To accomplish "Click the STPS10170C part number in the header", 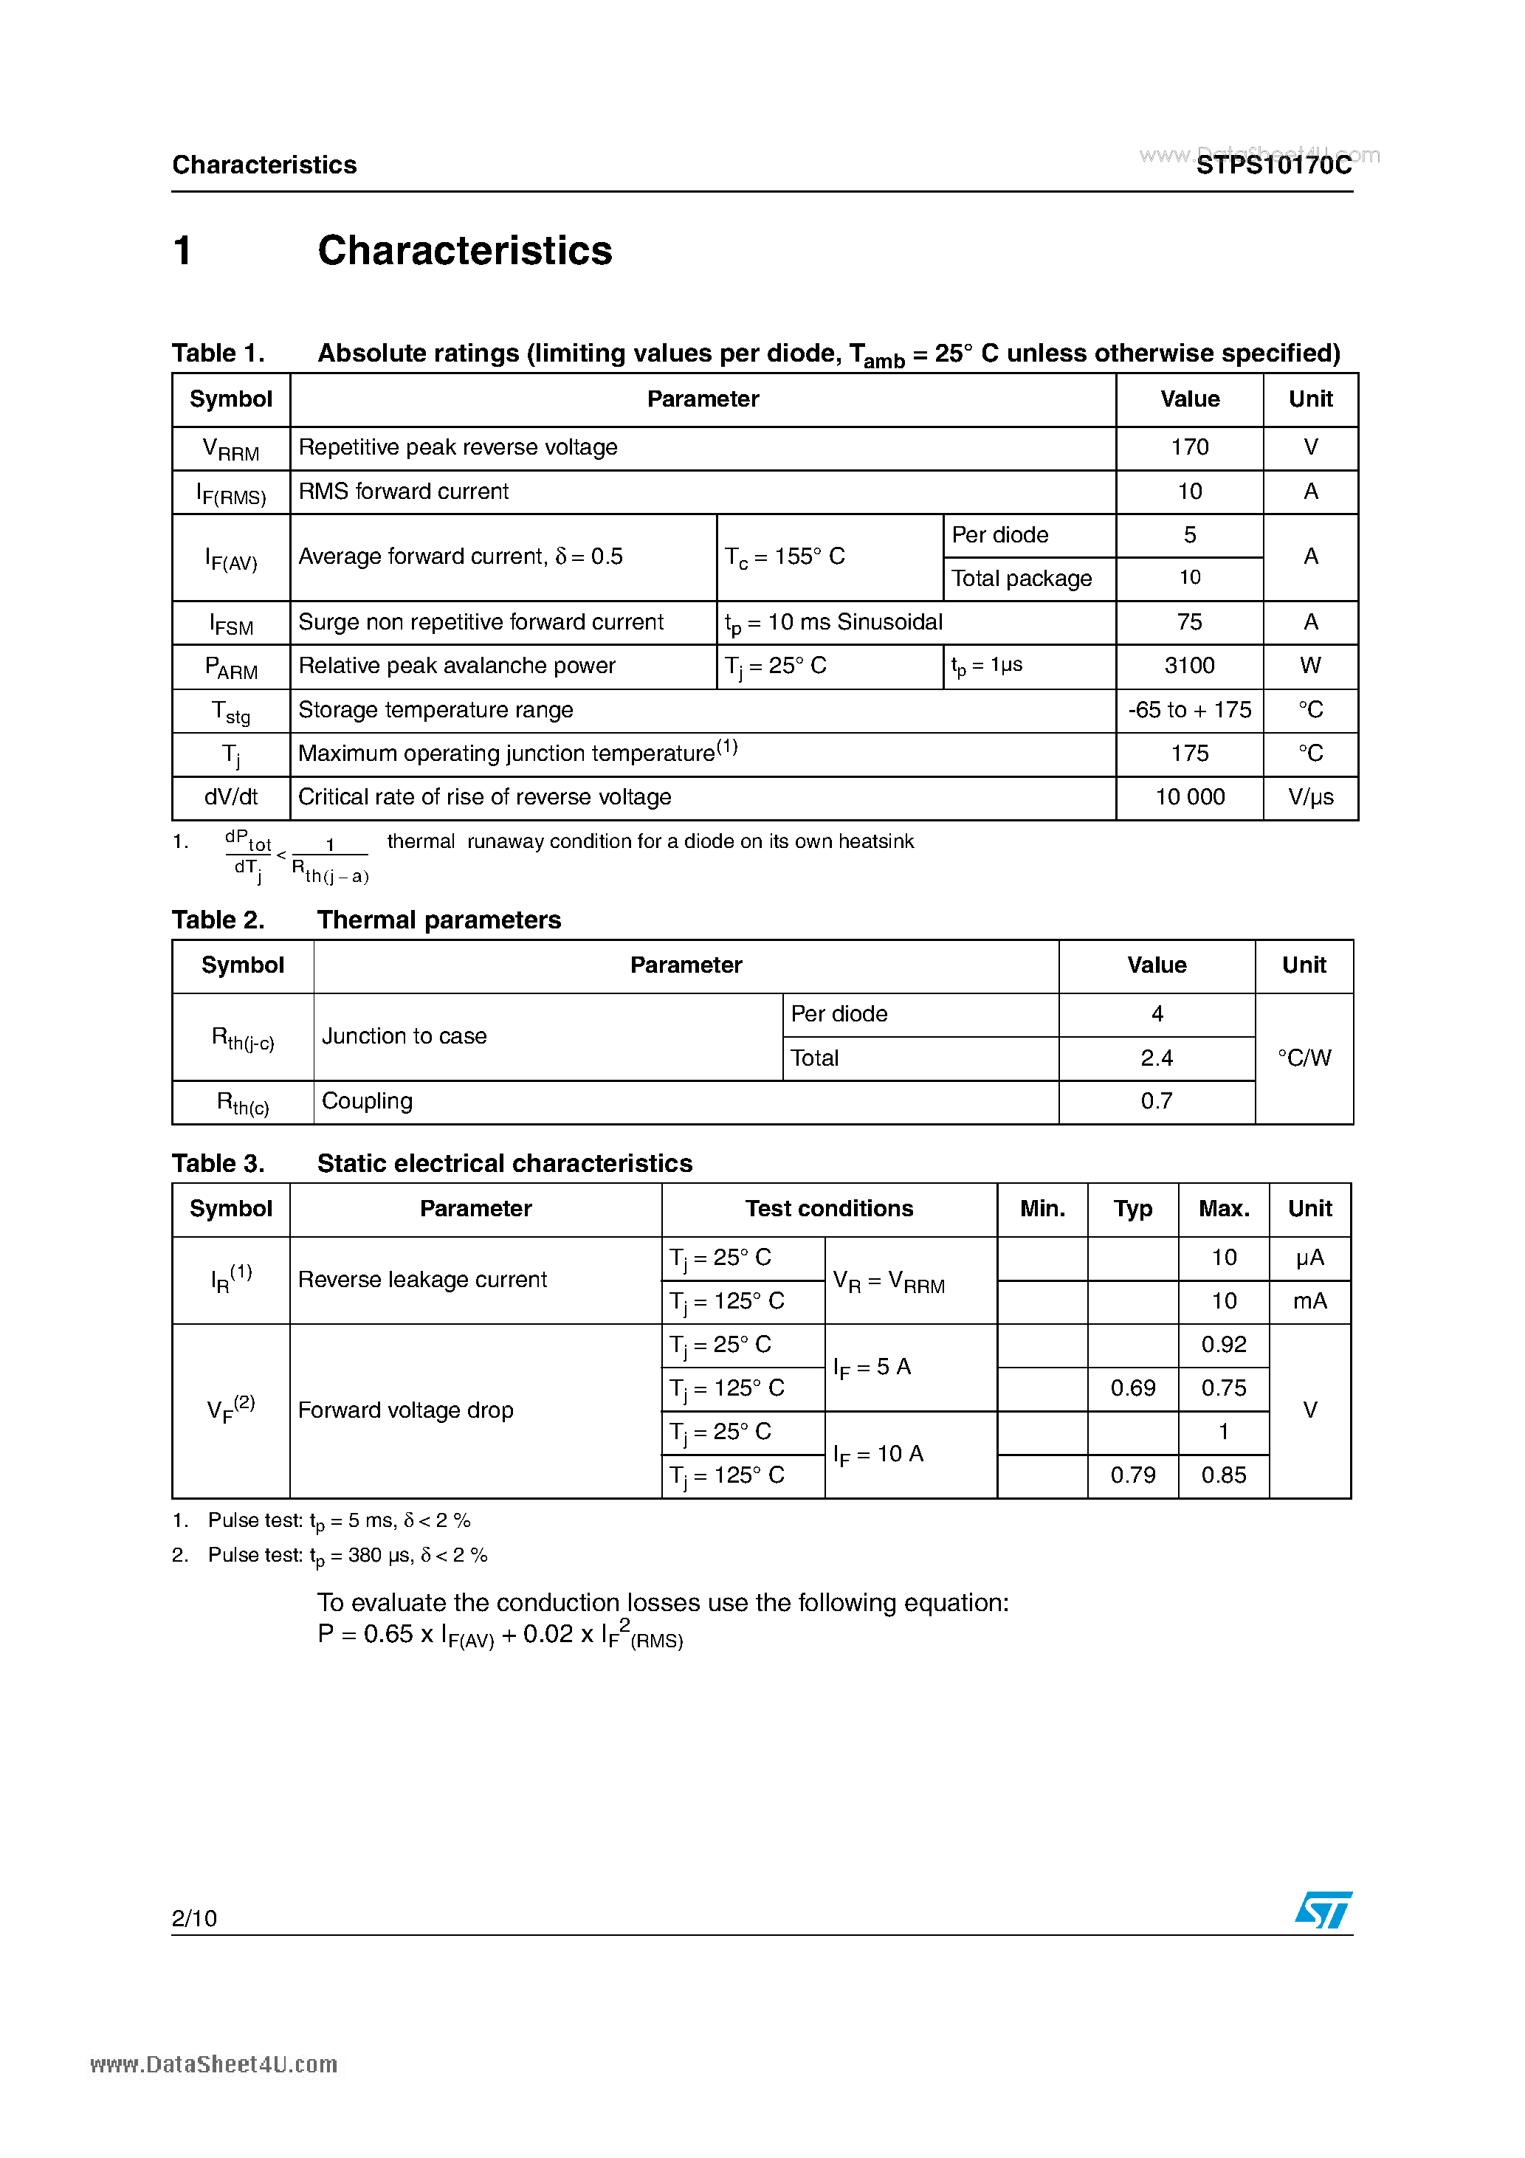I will pos(1273,165).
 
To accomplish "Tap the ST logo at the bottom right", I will pos(1323,1911).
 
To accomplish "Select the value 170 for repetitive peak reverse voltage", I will pos(1189,447).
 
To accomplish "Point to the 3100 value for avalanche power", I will pos(1189,666).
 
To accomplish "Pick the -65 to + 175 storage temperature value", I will pos(1189,710).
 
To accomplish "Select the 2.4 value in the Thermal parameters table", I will pos(1157,1058).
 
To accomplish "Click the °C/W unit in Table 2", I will pos(1304,1058).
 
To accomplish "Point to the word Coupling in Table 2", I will pos(367,1102).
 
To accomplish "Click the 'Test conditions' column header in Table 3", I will pos(828,1209).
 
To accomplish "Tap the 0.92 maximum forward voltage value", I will pos(1223,1345).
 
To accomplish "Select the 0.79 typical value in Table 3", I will pos(1133,1475).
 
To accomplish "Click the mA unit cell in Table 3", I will pos(1309,1302).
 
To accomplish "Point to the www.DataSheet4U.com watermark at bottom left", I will pos(213,2065).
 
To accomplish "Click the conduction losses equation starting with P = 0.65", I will pos(500,1635).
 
